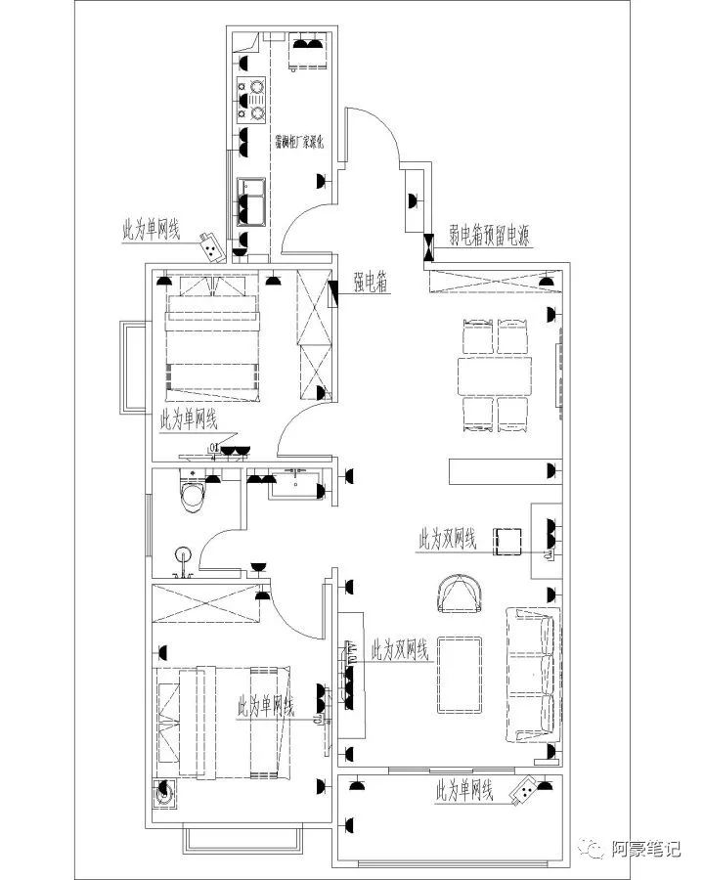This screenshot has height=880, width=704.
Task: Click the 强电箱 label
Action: [371, 284]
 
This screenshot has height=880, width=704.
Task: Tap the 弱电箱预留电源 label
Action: [489, 234]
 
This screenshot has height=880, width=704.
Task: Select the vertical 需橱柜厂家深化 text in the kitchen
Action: [304, 142]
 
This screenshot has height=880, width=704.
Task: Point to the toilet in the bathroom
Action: [194, 494]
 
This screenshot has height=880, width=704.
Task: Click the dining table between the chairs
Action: [498, 375]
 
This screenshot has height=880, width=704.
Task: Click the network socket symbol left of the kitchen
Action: [209, 245]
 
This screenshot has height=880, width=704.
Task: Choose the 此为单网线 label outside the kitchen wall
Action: [151, 230]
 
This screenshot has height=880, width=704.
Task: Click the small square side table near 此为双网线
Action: [509, 541]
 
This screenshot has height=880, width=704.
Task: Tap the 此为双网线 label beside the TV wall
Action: [400, 650]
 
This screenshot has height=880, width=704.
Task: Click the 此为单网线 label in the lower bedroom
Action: [266, 706]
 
